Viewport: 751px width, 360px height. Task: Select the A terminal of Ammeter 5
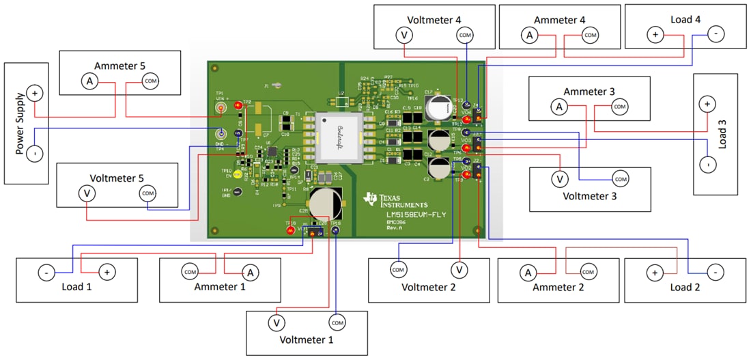coord(89,81)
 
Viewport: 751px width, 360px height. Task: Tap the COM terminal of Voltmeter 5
coord(148,194)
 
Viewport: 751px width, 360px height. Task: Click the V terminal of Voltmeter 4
coord(404,35)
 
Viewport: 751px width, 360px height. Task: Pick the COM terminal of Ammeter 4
coord(590,34)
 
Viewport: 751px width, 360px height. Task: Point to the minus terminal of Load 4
coord(715,33)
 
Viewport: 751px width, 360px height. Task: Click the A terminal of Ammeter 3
coord(558,107)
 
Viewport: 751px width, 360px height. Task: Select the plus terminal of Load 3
coord(707,104)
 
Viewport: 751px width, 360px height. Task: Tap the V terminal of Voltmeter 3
coord(559,179)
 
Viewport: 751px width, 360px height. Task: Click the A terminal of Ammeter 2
coord(528,273)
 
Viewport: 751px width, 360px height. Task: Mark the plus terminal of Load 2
coord(654,273)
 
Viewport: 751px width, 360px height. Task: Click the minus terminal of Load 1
coord(45,273)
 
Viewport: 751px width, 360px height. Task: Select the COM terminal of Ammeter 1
coord(190,272)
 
